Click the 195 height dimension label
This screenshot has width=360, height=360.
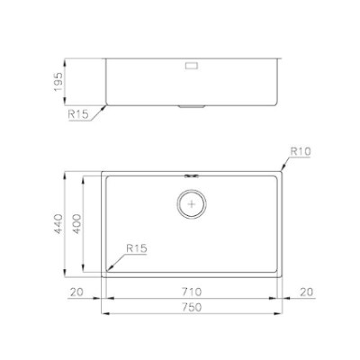pos(58,82)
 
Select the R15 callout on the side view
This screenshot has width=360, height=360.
pos(78,114)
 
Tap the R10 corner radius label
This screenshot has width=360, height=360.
pos(301,152)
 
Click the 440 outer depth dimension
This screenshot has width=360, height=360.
pos(58,224)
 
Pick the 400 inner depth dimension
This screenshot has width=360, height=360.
pos(76,224)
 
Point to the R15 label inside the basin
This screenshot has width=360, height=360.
pos(137,248)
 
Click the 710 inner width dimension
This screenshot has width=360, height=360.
pos(192,292)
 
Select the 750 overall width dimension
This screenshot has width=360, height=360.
pos(192,307)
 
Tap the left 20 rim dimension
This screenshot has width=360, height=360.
pos(76,292)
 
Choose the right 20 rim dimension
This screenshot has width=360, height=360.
pos(306,292)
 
